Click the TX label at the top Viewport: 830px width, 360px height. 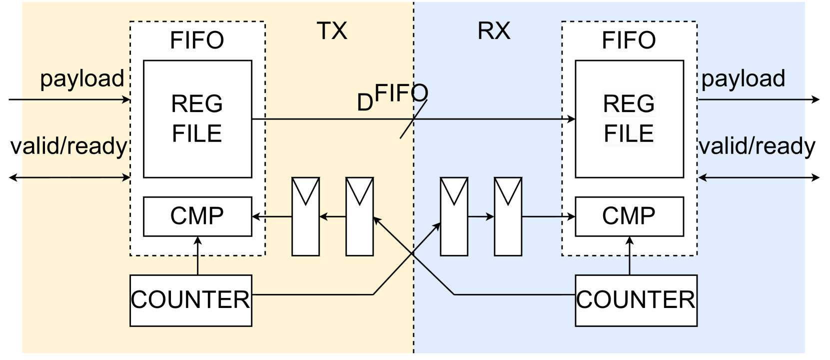point(332,31)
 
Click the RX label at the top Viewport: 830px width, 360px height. point(494,31)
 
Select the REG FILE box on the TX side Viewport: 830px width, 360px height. point(197,119)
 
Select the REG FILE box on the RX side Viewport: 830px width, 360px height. point(629,119)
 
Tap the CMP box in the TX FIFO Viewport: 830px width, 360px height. point(197,216)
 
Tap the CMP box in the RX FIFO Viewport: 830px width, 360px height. point(629,216)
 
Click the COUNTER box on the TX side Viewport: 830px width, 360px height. point(190,300)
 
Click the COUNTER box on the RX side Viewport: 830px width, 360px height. point(636,300)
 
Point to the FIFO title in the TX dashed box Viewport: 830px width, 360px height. point(197,40)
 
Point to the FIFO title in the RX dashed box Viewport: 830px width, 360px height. point(629,40)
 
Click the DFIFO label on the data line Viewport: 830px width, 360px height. point(393,96)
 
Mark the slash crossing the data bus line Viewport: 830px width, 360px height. point(413,119)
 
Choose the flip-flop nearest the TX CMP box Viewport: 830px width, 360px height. point(305,216)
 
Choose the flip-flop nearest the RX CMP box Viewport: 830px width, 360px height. point(508,216)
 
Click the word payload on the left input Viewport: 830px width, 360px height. point(82,78)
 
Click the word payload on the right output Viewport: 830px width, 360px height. point(743,78)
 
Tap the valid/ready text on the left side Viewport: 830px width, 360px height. point(69,146)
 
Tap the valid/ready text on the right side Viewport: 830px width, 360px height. point(757,146)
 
